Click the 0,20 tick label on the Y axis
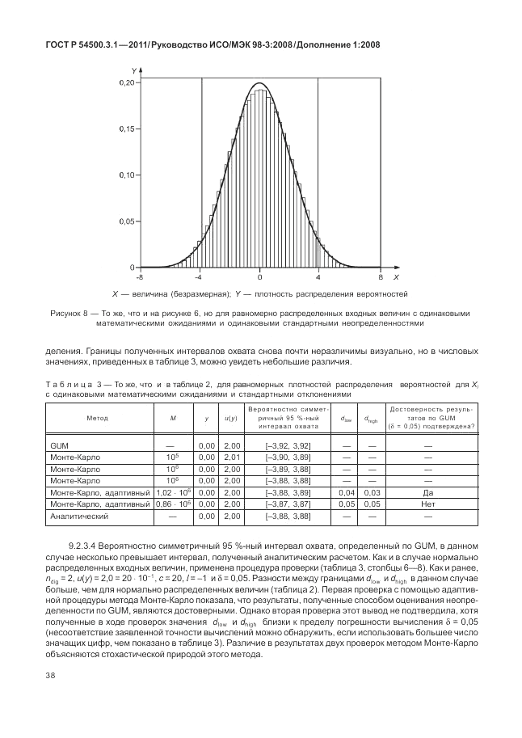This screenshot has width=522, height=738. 126,82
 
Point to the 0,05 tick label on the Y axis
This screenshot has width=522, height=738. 126,221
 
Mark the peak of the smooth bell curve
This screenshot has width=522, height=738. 259,83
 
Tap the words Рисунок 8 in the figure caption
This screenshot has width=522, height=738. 69,313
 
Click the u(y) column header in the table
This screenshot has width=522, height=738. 230,418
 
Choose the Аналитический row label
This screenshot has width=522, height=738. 77,515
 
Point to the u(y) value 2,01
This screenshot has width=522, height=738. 231,457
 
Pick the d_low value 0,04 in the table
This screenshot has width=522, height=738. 346,491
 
